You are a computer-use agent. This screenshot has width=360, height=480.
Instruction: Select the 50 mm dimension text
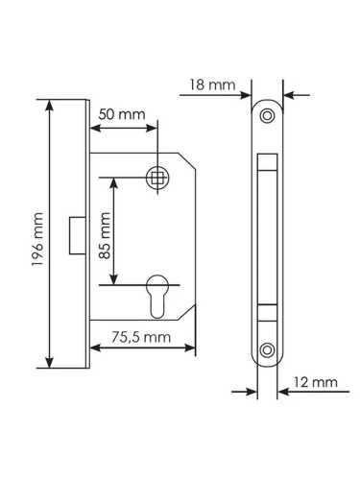pos(122,114)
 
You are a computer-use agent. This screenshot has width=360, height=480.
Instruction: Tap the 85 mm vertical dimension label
pos(105,231)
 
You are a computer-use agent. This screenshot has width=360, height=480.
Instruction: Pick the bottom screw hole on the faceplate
pos(268,348)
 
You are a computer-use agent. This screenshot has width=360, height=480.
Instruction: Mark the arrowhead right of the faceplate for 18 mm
pos(285,95)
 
